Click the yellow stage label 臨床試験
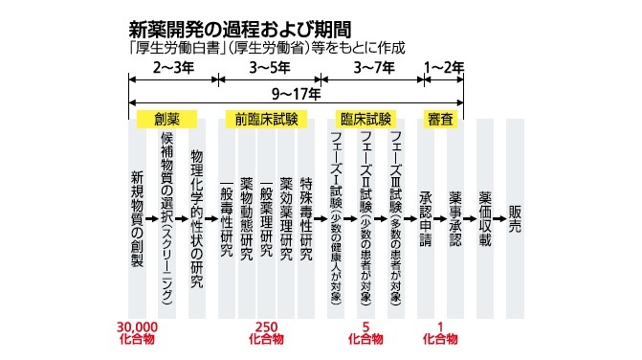(365, 120)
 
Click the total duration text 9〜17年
(297, 95)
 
